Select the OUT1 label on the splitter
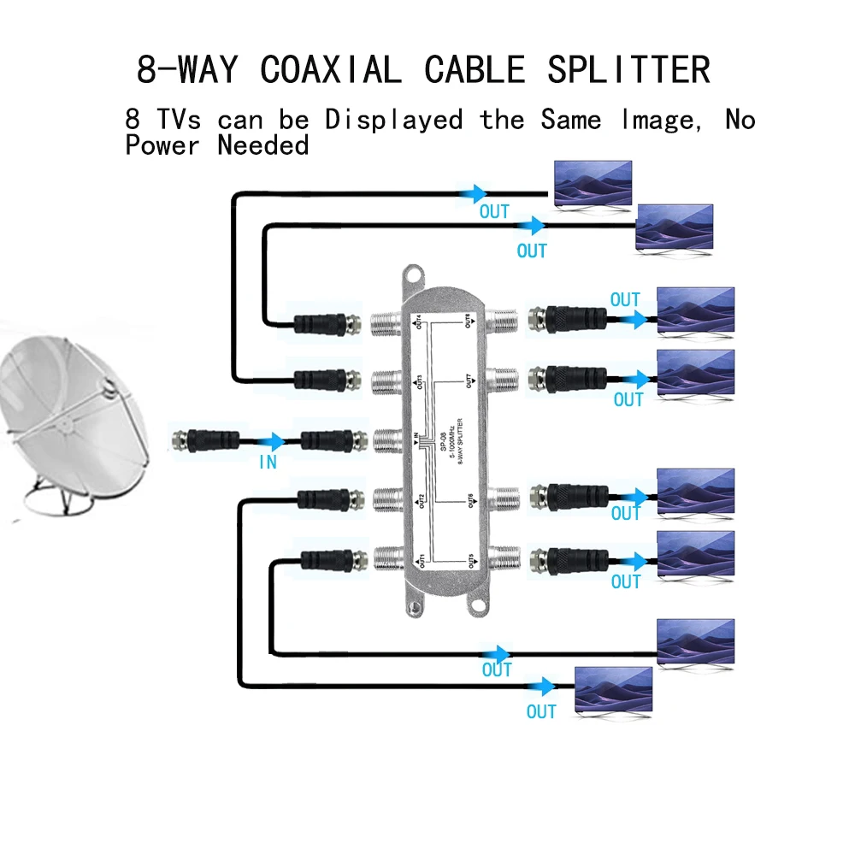[419, 562]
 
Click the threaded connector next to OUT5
[502, 560]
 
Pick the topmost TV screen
[593, 185]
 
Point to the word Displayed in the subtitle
[393, 120]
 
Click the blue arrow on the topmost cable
[475, 194]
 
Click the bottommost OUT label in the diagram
[541, 711]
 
